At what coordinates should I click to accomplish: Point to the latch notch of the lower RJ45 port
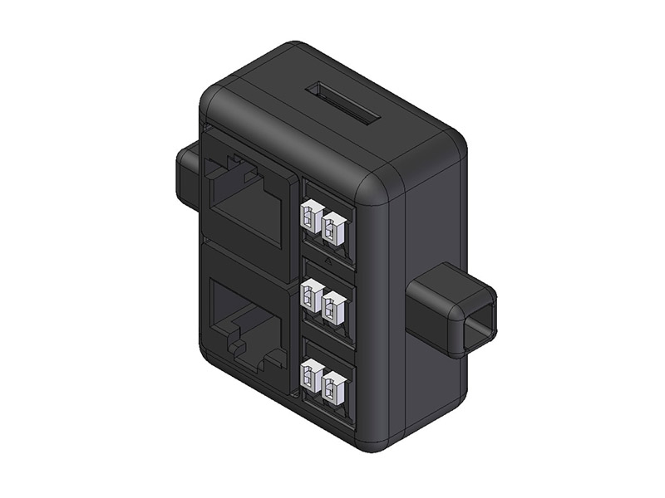[x=249, y=349]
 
